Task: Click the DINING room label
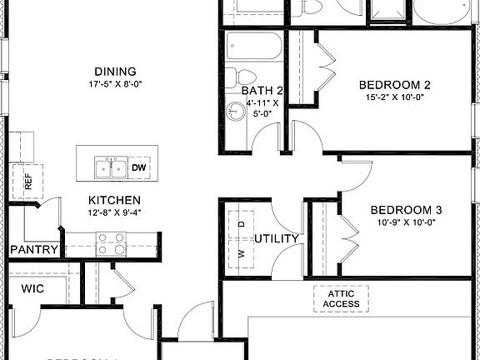(x=116, y=72)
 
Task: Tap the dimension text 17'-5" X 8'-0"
(x=116, y=84)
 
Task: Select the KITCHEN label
(x=115, y=201)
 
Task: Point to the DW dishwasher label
(x=141, y=167)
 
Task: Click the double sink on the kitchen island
(x=110, y=168)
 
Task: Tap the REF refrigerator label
(x=27, y=182)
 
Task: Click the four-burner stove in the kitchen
(x=111, y=242)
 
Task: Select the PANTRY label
(x=34, y=250)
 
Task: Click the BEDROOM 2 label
(x=394, y=85)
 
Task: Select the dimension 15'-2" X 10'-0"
(x=394, y=97)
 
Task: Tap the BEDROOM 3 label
(x=406, y=210)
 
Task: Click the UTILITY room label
(x=277, y=239)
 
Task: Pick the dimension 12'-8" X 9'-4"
(x=115, y=213)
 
